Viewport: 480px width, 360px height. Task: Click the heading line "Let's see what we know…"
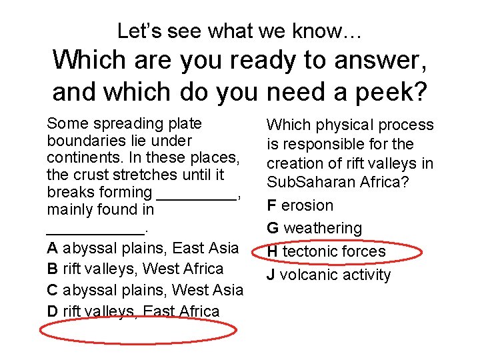[x=239, y=30]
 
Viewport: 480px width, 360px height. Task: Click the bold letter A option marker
[x=52, y=248]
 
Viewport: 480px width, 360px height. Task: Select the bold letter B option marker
[x=52, y=269]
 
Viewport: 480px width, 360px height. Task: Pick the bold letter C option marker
[x=52, y=290]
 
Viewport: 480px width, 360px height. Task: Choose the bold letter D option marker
[x=52, y=311]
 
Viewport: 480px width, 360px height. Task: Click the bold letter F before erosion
[x=271, y=205]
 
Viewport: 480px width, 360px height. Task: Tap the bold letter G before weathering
[x=273, y=228]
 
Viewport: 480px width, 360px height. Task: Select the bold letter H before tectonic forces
[x=272, y=251]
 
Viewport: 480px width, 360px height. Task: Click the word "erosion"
[x=307, y=205]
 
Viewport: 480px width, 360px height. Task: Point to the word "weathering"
[x=323, y=228]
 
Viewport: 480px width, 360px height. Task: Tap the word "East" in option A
[x=188, y=248]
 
